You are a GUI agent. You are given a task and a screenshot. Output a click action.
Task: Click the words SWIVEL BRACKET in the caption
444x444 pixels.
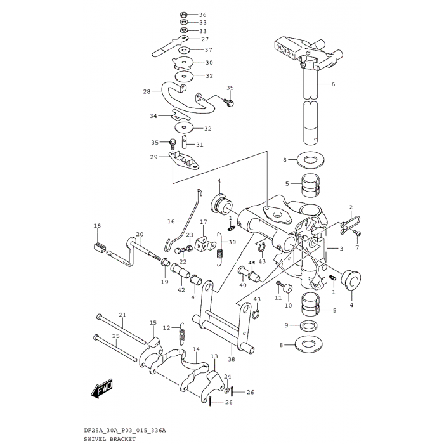(110, 439)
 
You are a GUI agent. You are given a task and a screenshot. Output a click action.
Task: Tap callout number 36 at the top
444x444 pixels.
(202, 15)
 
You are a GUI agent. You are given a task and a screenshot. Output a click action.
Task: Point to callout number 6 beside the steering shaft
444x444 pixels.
(332, 84)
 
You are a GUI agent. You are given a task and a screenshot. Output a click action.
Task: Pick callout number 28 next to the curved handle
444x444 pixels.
(147, 91)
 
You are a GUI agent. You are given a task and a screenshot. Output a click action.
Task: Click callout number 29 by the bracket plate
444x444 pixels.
(154, 157)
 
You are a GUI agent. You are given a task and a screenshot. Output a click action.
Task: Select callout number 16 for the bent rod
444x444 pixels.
(171, 221)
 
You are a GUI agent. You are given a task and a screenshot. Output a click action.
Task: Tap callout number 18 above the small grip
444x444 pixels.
(97, 226)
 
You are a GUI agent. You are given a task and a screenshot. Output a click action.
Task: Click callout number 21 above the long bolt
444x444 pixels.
(123, 315)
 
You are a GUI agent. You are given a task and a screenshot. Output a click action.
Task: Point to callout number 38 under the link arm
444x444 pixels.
(231, 359)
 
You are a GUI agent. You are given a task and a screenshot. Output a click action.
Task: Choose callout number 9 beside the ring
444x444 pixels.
(287, 325)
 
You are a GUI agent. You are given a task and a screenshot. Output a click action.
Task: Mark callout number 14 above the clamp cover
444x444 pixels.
(196, 349)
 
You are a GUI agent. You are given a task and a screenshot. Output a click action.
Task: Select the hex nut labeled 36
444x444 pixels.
(183, 14)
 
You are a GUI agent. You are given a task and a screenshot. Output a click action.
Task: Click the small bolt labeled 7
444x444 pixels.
(357, 234)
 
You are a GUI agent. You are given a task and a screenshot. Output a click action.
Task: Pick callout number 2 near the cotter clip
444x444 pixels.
(350, 207)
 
